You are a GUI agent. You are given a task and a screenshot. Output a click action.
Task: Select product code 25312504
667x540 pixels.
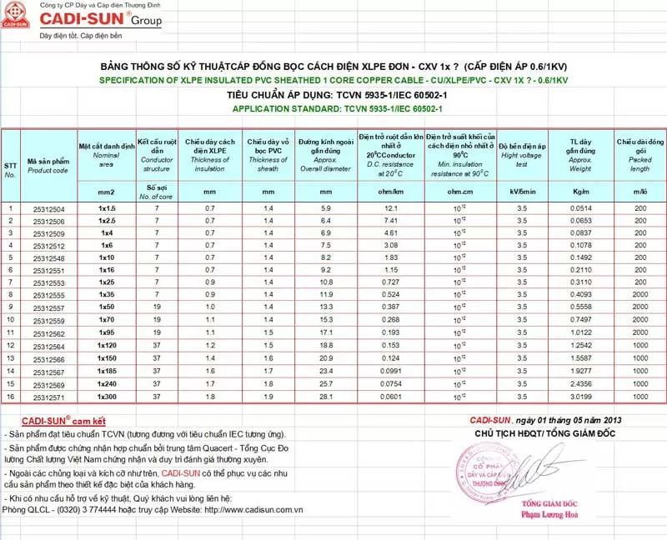tap(48, 207)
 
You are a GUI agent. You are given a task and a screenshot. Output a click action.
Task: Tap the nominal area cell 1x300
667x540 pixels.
tap(106, 396)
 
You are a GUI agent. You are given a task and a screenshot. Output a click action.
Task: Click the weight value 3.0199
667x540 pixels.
tap(580, 396)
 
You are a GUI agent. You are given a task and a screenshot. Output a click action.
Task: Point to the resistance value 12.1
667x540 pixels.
tap(390, 207)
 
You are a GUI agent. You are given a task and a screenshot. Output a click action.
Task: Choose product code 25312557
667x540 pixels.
tap(48, 308)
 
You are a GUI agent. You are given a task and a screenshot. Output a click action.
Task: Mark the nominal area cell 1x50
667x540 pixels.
tap(106, 308)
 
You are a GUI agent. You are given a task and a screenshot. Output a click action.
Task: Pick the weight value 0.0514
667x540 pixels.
tap(580, 207)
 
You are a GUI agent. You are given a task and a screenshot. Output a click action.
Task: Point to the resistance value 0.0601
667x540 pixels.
tap(390, 396)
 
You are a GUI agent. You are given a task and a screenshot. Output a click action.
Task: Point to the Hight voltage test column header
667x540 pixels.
tap(522, 156)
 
